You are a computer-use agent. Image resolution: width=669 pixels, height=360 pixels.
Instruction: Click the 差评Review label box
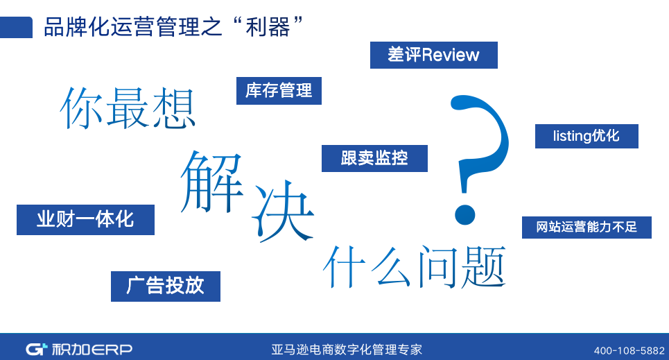(433, 55)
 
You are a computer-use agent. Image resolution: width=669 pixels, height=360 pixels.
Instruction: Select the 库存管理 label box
(279, 91)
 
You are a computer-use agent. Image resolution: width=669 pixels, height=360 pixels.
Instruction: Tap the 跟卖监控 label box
(374, 158)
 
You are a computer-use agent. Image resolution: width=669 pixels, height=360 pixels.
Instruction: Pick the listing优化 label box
(587, 136)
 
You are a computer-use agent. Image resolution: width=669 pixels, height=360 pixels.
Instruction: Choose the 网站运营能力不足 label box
(587, 228)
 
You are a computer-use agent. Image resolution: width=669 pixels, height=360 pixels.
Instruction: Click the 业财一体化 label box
(85, 219)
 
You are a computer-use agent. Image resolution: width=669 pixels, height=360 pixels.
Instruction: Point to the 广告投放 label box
(166, 286)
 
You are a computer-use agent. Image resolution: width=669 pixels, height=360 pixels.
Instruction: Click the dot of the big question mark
(464, 214)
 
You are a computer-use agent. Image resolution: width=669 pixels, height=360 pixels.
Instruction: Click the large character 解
(212, 182)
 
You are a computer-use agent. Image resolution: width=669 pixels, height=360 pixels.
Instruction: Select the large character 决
(284, 211)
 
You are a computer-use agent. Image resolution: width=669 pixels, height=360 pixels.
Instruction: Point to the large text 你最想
(128, 108)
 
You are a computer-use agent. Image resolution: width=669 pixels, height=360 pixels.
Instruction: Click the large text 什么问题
(415, 267)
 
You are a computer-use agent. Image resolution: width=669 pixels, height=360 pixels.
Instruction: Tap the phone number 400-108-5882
(629, 350)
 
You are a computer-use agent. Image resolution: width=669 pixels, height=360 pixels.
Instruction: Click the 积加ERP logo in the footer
(79, 350)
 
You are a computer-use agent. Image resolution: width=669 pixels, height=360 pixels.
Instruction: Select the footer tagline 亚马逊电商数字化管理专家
(347, 350)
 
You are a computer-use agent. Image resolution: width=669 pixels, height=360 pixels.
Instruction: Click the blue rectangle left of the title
(16, 27)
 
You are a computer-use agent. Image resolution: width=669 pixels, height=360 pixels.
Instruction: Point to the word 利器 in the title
(268, 27)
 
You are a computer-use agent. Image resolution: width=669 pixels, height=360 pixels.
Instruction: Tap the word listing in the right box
(572, 136)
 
